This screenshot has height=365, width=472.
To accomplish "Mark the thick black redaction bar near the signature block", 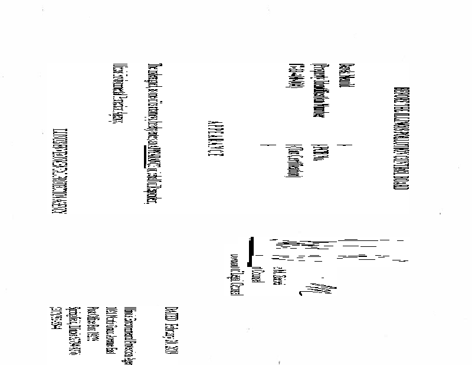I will pos(252,251).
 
